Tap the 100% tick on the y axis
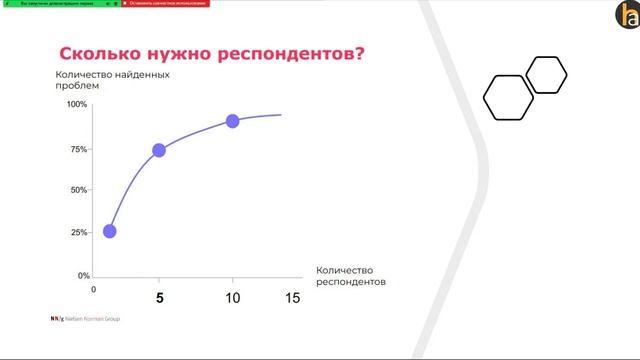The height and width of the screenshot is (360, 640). (x=77, y=104)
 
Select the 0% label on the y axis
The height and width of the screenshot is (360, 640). (x=83, y=275)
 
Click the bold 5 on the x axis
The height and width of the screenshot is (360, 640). (x=158, y=297)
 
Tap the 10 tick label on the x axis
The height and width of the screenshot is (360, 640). (x=232, y=297)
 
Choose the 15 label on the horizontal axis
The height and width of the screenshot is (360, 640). (x=292, y=297)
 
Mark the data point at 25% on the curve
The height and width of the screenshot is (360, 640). (x=110, y=231)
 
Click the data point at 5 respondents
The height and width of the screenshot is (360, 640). (x=158, y=150)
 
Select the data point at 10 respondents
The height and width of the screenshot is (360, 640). (x=232, y=121)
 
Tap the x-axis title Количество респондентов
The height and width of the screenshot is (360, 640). (x=349, y=276)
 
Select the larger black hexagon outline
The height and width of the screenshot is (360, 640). (x=508, y=97)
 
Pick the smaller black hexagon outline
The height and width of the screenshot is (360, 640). (x=546, y=75)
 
